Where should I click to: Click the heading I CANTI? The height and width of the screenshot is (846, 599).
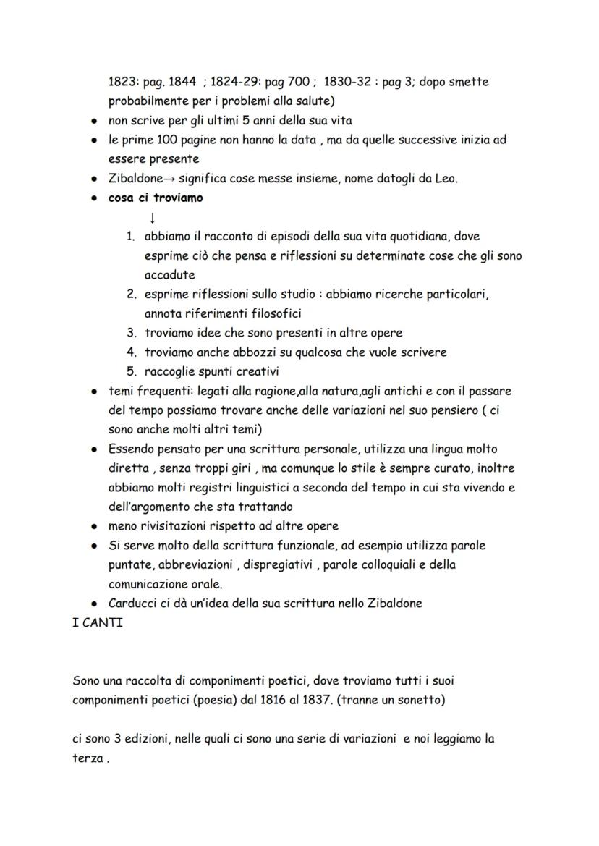tap(98, 622)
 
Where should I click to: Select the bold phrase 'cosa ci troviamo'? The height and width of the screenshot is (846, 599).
tap(156, 198)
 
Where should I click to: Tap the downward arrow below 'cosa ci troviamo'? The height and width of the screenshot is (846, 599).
tap(152, 217)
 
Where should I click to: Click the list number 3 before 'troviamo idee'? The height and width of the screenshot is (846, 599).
tap(132, 333)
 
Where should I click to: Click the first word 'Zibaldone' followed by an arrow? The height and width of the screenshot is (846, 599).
tap(135, 178)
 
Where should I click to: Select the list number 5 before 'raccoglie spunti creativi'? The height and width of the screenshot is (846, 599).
tap(132, 372)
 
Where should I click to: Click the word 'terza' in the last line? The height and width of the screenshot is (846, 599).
tap(88, 758)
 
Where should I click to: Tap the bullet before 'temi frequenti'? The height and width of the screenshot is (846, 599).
tap(95, 392)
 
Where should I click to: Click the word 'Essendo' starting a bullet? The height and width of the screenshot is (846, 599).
tap(132, 449)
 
